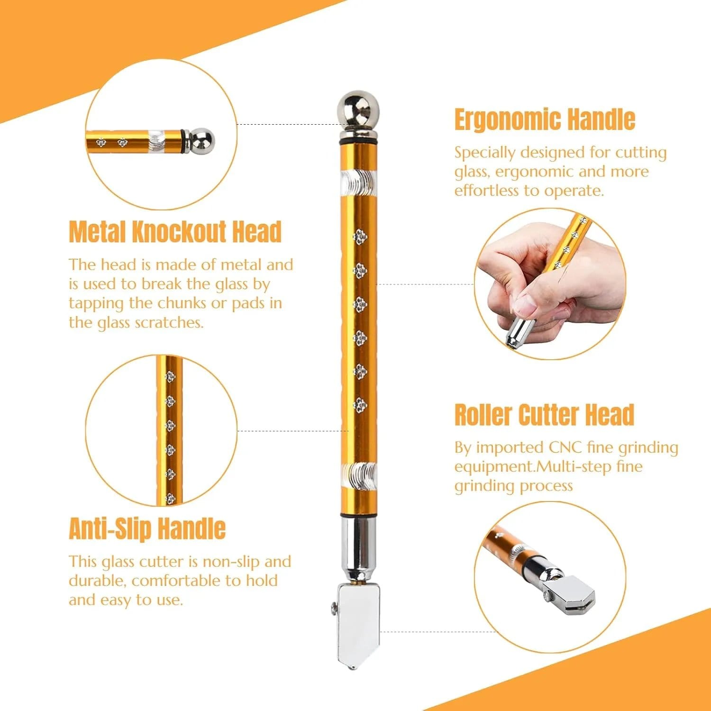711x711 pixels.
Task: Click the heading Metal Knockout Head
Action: point(175,232)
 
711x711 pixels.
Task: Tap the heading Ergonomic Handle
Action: point(545,119)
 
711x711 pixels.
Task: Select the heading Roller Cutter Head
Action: point(544,415)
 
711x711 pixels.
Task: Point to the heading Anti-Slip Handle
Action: point(147,529)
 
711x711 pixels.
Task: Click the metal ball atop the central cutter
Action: point(358,109)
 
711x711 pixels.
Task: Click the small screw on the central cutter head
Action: point(334,606)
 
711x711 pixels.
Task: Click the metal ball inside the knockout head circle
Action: point(203,141)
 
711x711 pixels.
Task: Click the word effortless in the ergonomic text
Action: point(486,191)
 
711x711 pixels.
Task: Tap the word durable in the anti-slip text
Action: point(97,581)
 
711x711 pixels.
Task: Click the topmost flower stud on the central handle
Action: point(360,235)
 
